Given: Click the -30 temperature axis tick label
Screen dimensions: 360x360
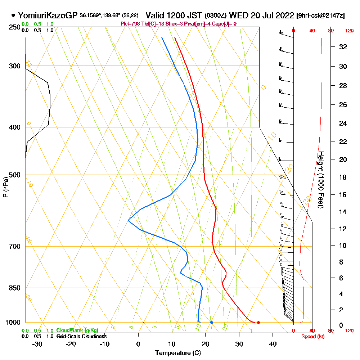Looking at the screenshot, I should tap(37, 344).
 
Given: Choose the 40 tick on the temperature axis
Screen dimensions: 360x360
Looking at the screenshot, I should tap(273, 344).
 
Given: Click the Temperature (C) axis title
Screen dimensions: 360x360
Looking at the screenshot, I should tap(178, 353).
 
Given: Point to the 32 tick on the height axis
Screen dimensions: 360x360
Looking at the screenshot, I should tap(343, 47).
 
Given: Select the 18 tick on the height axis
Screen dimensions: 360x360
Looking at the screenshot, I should tap(343, 177).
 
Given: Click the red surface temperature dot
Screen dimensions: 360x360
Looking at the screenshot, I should tap(258, 322).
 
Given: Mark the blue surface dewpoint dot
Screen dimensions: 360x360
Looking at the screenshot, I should tap(211, 322).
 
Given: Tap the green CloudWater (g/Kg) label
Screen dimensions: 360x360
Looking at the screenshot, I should tap(77, 330).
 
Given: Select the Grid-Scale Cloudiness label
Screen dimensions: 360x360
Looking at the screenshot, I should tap(81, 336).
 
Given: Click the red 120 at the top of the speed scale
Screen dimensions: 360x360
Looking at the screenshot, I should tap(349, 31).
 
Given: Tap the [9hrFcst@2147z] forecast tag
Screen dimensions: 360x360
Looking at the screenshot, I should tap(320, 15).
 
